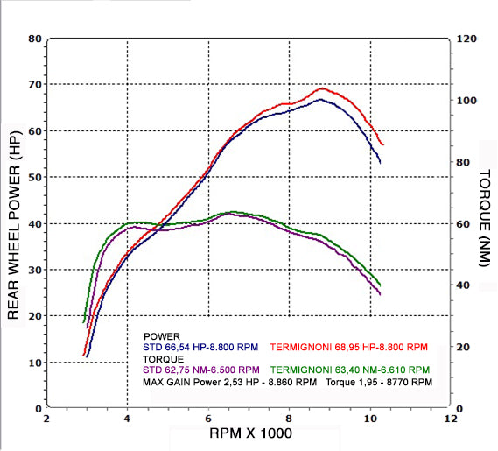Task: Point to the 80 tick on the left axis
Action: (35, 39)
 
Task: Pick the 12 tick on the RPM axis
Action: (450, 419)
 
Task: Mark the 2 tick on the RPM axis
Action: (46, 419)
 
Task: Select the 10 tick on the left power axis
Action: (35, 362)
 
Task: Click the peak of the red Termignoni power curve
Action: (322, 88)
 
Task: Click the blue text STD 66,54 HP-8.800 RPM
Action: (200, 347)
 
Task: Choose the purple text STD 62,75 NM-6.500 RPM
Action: (200, 369)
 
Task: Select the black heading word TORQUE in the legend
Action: (164, 358)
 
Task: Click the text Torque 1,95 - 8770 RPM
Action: (380, 383)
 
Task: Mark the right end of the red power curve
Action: (383, 144)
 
